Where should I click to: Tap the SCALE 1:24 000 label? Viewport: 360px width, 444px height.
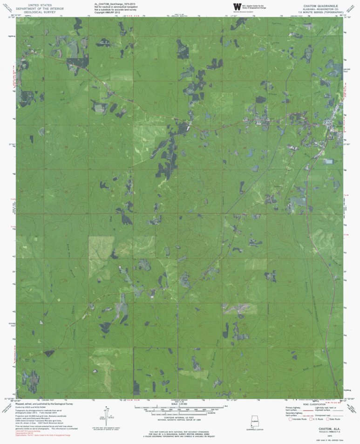click(x=179, y=403)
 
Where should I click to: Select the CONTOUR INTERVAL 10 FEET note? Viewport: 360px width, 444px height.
click(x=179, y=418)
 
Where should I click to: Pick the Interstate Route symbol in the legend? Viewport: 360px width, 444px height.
click(x=292, y=419)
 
